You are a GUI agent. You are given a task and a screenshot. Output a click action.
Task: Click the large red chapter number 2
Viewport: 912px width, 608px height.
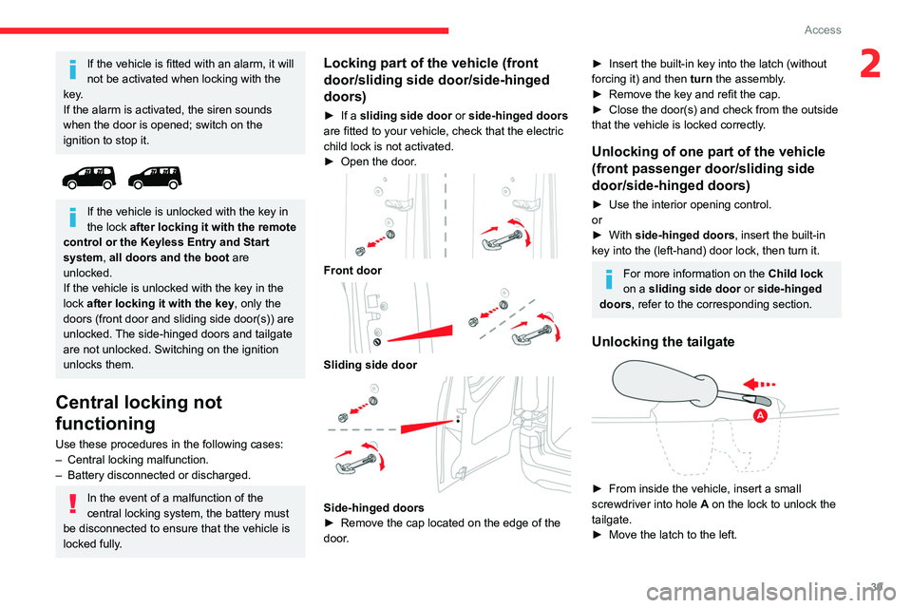pyautogui.click(x=870, y=64)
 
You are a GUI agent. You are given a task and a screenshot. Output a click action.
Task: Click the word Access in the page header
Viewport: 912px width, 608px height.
pyautogui.click(x=823, y=29)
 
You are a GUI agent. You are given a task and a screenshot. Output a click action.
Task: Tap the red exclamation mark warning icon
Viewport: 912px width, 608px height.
pyautogui.click(x=72, y=503)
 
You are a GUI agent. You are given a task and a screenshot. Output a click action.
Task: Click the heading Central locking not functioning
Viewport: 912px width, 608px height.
pyautogui.click(x=139, y=412)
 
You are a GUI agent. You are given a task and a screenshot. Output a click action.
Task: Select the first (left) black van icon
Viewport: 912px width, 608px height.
pyautogui.click(x=89, y=178)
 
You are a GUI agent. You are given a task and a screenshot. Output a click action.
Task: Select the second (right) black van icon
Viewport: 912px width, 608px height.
pyautogui.click(x=155, y=178)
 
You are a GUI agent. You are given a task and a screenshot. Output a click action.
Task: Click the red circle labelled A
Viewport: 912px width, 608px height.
pyautogui.click(x=760, y=415)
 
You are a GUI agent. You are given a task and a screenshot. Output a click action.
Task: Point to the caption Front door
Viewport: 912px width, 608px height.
pyautogui.click(x=352, y=270)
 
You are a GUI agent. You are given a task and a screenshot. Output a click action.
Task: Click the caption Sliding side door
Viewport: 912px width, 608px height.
pyautogui.click(x=370, y=365)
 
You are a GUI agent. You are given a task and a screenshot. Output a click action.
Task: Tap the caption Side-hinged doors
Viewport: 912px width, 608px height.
pyautogui.click(x=373, y=507)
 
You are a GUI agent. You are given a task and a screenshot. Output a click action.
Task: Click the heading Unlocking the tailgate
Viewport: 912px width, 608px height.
pyautogui.click(x=663, y=342)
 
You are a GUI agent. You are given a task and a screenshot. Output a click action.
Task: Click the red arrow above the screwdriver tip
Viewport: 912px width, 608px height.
pyautogui.click(x=760, y=384)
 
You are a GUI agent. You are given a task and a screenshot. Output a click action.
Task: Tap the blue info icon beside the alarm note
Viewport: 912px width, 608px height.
pyautogui.click(x=72, y=68)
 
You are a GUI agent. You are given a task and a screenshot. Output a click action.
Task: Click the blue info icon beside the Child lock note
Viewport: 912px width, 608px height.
pyautogui.click(x=608, y=279)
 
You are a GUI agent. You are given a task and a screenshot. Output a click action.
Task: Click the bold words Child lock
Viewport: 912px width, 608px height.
pyautogui.click(x=796, y=274)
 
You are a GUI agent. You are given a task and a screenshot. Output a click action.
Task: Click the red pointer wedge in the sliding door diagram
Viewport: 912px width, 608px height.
pyautogui.click(x=420, y=333)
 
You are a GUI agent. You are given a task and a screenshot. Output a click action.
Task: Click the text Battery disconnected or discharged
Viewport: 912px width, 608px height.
pyautogui.click(x=159, y=475)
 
